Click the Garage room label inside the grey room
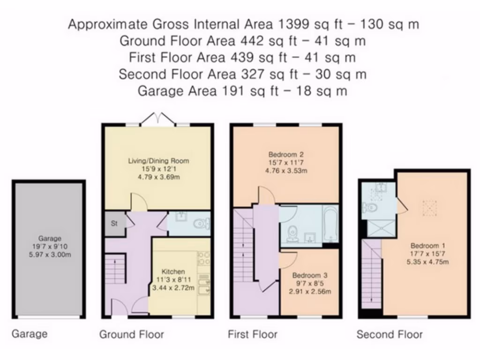point(49,239)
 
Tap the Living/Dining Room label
point(158,161)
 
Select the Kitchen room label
point(173,271)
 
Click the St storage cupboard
point(114,224)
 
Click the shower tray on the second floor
point(380,229)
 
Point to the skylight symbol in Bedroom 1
point(429,208)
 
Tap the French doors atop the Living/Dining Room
point(158,119)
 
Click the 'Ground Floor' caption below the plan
point(132,334)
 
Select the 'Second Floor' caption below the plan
point(389,334)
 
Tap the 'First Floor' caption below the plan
point(253,334)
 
